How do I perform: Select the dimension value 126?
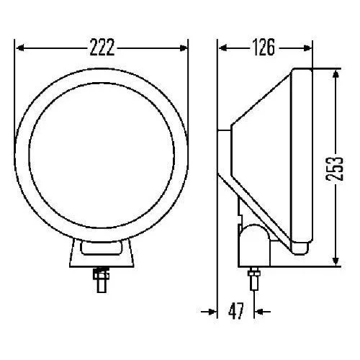(264, 48)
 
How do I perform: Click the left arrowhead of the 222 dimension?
(21, 48)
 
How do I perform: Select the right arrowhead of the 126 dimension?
(308, 48)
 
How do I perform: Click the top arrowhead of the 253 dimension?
(335, 74)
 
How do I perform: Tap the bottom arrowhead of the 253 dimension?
(335, 261)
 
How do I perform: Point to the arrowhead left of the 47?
(212, 311)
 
